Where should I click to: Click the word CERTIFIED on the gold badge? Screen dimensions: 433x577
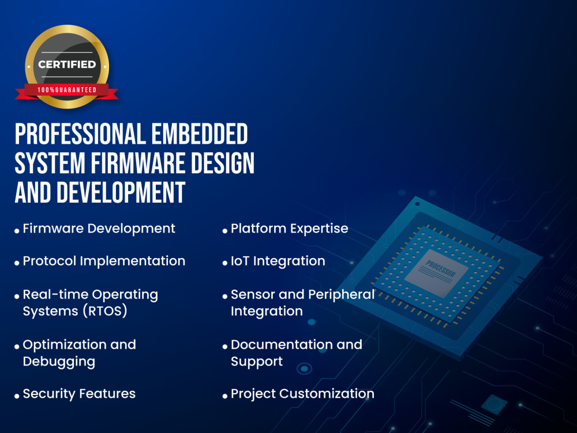pyautogui.click(x=67, y=64)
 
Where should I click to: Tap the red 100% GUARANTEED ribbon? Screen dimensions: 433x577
pyautogui.click(x=67, y=90)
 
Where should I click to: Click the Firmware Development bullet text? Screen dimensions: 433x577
pyautogui.click(x=99, y=229)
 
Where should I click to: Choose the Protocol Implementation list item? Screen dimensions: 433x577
pyautogui.click(x=104, y=261)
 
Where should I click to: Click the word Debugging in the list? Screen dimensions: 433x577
pyautogui.click(x=59, y=361)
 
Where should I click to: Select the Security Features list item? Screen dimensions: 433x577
pyautogui.click(x=79, y=394)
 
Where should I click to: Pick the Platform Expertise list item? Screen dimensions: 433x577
pyautogui.click(x=289, y=229)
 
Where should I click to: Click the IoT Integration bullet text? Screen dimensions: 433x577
pyautogui.click(x=278, y=261)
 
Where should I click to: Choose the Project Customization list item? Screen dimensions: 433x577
pyautogui.click(x=302, y=394)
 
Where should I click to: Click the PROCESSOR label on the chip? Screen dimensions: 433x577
pyautogui.click(x=440, y=268)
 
